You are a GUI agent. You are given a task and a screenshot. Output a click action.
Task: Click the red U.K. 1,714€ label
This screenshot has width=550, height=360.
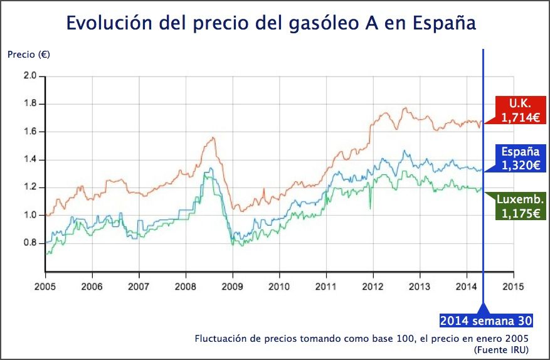click(x=519, y=110)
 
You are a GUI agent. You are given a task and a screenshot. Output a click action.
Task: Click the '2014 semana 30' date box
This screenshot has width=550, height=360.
click(x=486, y=320)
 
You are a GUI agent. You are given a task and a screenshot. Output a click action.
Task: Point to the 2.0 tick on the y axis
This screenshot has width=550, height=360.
click(x=30, y=76)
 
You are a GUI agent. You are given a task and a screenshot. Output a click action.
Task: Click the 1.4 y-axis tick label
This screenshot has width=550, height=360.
click(x=30, y=159)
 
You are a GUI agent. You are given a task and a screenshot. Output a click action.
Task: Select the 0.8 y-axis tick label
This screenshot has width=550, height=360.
click(x=30, y=243)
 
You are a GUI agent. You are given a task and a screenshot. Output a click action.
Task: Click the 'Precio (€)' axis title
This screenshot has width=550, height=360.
click(x=29, y=54)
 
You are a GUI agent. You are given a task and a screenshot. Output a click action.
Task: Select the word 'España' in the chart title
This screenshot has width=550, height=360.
click(x=445, y=23)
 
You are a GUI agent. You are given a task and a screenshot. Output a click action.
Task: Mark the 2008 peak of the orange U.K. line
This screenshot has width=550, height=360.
click(x=213, y=137)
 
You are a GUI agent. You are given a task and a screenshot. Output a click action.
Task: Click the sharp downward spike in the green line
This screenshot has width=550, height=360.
click(x=370, y=208)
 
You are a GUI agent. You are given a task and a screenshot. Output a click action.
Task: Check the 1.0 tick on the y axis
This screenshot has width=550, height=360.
click(x=30, y=215)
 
